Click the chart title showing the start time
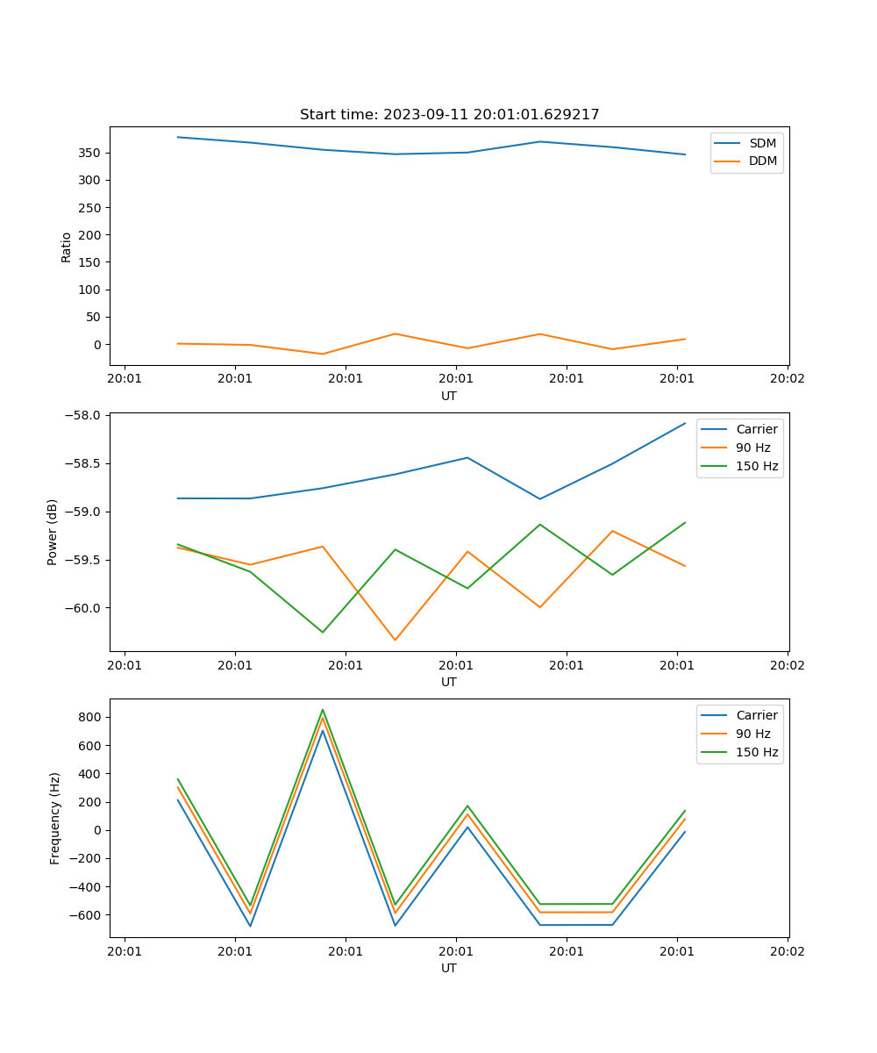coord(449,115)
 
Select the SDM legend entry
coord(762,143)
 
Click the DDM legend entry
coord(762,161)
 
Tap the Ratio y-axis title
coord(67,247)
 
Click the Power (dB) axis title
coord(53,532)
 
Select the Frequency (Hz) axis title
coord(55,818)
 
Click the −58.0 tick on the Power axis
coord(85,415)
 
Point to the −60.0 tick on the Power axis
coord(85,608)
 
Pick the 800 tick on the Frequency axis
coord(91,717)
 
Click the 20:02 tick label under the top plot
coord(787,379)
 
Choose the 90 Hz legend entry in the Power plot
coord(752,448)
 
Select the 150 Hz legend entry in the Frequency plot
coord(757,752)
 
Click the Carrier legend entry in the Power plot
coord(756,429)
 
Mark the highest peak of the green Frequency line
coord(323,710)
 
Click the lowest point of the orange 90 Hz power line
coord(395,640)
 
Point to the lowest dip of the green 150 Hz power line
coord(323,632)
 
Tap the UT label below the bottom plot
coord(449,968)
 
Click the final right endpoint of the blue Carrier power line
coord(685,423)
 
